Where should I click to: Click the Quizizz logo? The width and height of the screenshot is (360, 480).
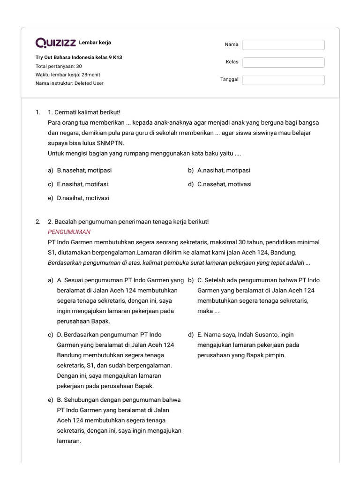[x=56, y=43]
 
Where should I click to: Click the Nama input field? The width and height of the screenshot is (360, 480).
[x=283, y=45]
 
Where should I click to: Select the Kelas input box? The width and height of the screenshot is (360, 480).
[x=283, y=62]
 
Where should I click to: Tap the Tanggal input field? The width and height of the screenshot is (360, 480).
[x=283, y=80]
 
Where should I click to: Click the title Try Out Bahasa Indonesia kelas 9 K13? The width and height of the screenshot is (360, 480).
[x=79, y=58]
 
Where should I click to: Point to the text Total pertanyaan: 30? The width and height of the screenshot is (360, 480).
[x=59, y=66]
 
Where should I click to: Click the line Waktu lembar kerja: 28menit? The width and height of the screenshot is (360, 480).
[x=67, y=75]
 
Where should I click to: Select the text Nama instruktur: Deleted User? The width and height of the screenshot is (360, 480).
[x=69, y=83]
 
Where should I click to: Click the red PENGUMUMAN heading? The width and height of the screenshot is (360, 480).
[x=69, y=232]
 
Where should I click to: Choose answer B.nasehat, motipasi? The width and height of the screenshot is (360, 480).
[x=84, y=171]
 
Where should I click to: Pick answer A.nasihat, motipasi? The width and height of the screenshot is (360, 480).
[x=224, y=171]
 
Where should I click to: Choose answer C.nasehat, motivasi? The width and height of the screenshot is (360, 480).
[x=224, y=184]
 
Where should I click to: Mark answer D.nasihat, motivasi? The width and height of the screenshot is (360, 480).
[x=83, y=198]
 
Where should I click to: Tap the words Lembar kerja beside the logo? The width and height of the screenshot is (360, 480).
[x=95, y=43]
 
